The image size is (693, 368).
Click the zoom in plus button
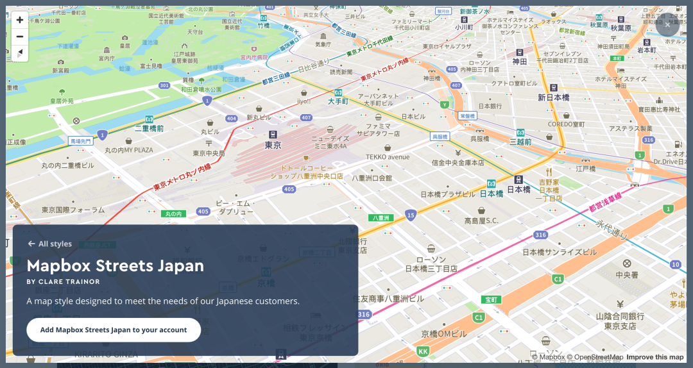pos(20,20)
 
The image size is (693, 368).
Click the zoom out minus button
pos(20,37)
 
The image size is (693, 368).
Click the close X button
pos(667,26)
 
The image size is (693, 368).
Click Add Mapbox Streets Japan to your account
pos(114,330)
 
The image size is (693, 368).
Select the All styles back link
pos(50,244)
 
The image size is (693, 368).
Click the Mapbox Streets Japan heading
pos(116,265)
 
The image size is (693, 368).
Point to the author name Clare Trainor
pos(64,281)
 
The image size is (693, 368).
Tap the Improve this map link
pos(654,357)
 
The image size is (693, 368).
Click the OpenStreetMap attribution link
pos(594,357)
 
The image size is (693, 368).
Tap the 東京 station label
pos(273,145)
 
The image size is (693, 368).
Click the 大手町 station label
pos(338,101)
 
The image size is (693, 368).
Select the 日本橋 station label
pos(518,189)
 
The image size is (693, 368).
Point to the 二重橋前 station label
pos(149,128)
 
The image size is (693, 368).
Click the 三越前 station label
pos(520,141)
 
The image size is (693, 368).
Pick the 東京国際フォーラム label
pos(73,210)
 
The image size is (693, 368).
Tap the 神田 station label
pos(520,61)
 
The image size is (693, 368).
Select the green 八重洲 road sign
pos(381,217)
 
